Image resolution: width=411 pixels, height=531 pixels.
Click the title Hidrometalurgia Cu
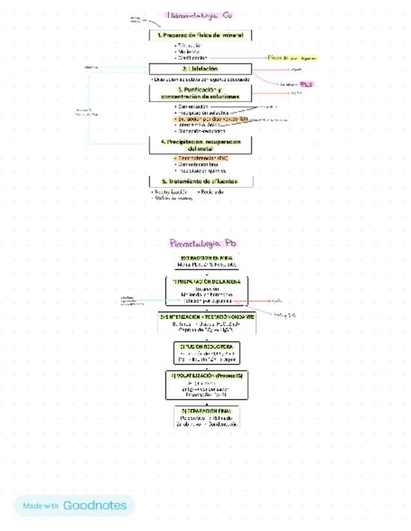pos(200,15)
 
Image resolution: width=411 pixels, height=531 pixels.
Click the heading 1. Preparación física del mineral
pos(200,36)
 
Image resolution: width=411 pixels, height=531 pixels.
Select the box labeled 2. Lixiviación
pos(200,69)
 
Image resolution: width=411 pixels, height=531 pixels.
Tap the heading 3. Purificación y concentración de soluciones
pos(200,93)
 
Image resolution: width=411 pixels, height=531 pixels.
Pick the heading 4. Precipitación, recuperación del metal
pos(200,146)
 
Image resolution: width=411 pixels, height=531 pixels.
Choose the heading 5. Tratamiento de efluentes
pos(200,182)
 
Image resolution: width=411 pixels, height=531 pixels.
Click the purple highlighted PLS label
pos(306,84)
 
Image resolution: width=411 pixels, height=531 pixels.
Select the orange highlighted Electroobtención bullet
pos(202,158)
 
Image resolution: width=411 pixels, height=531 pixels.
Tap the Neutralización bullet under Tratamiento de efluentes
pos(170,192)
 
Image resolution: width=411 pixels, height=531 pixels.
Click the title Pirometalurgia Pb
pos(204,244)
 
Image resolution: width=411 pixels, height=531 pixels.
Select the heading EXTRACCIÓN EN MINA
pos(207,258)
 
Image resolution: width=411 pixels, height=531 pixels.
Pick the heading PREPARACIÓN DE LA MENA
pos(207,282)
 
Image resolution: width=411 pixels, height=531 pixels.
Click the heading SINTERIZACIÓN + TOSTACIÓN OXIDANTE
pos(207,317)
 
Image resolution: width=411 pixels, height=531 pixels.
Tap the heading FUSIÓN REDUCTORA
pos(207,346)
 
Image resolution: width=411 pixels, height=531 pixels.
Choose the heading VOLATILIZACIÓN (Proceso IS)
pos(207,376)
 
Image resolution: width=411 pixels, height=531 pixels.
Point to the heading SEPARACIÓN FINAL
pos(207,411)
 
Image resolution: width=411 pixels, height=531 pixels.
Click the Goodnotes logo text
pos(95,505)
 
